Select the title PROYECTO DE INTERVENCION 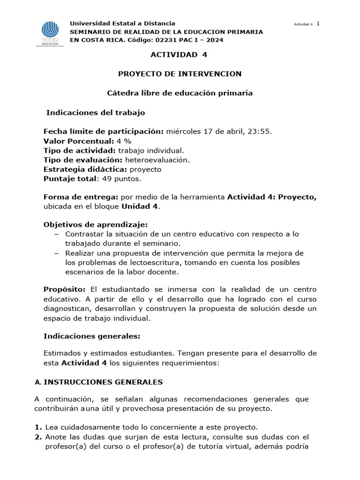pyautogui.click(x=180, y=74)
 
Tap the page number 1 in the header pyautogui.click(x=318, y=24)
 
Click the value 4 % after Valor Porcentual pyautogui.click(x=124, y=141)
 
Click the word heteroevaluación pyautogui.click(x=151, y=160)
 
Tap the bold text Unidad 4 pyautogui.click(x=140, y=207)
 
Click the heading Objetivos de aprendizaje pyautogui.click(x=96, y=225)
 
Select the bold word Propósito pyautogui.click(x=63, y=289)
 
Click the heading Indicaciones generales pyautogui.click(x=91, y=336)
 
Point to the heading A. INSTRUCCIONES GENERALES pyautogui.click(x=98, y=382)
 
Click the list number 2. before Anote pyautogui.click(x=38, y=437)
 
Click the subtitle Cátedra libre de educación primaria pyautogui.click(x=180, y=93)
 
